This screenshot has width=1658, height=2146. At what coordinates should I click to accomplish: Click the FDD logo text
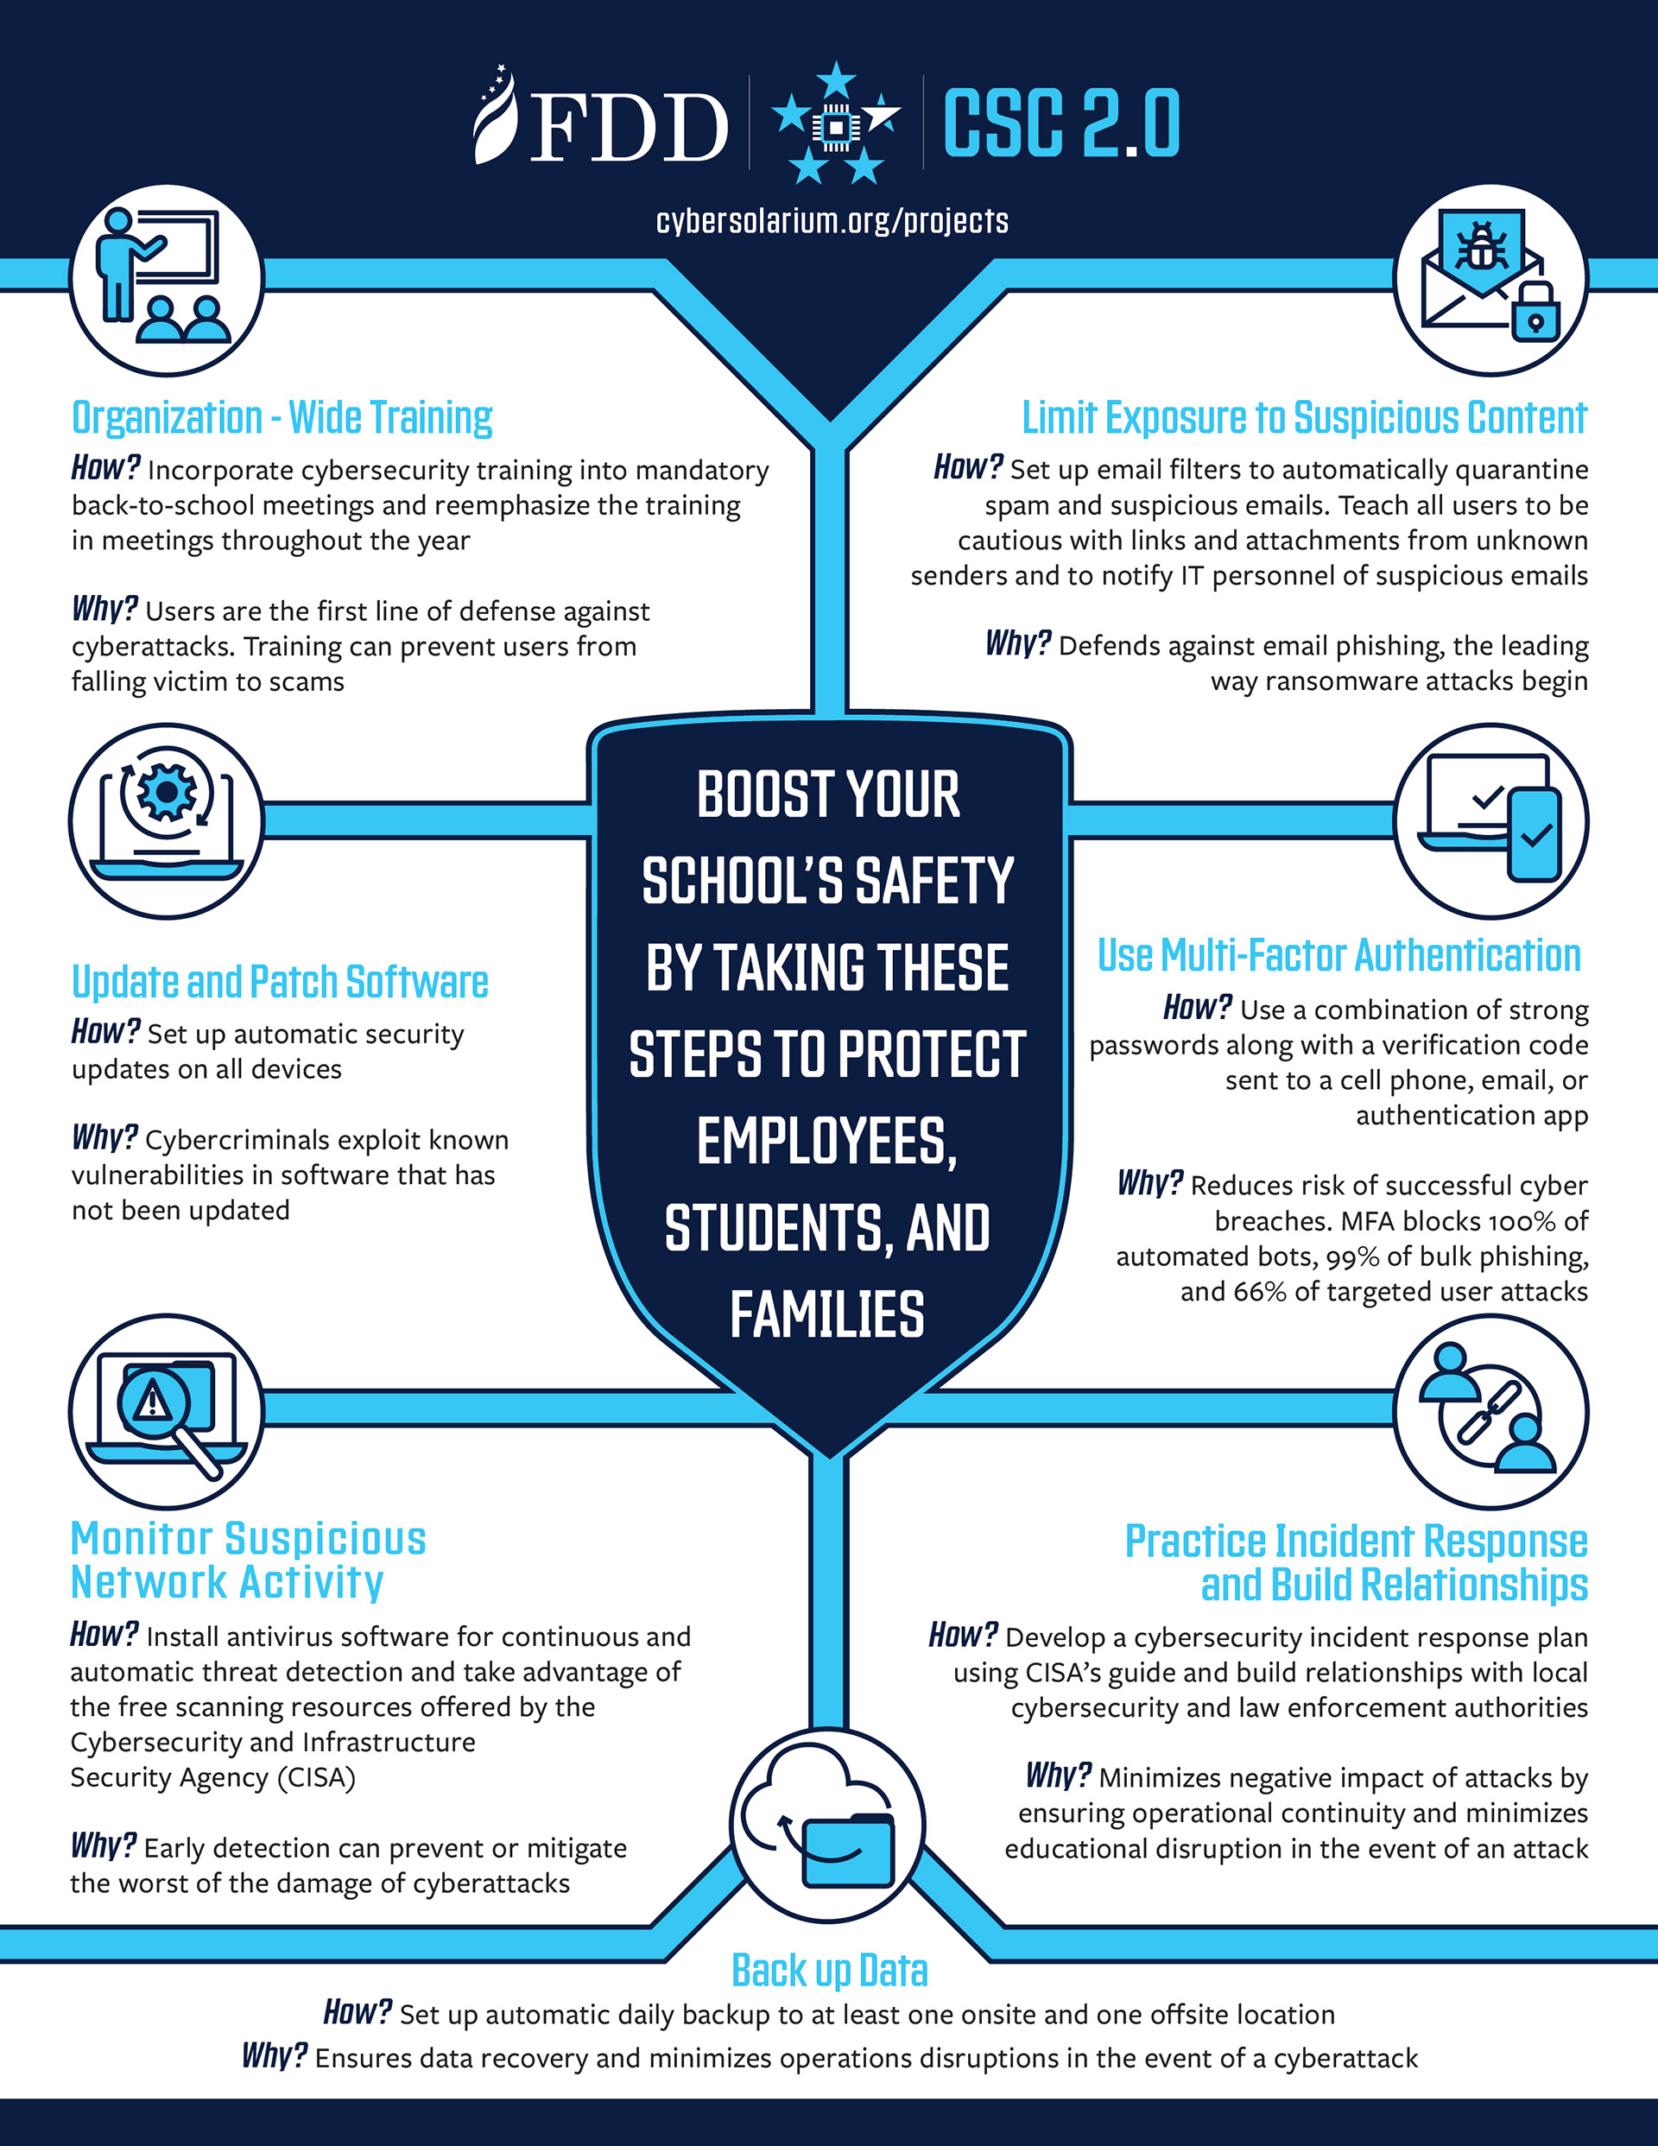tap(629, 128)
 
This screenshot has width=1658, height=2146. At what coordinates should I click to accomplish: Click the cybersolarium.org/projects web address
tap(832, 221)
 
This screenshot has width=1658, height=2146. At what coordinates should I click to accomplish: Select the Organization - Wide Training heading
tap(282, 418)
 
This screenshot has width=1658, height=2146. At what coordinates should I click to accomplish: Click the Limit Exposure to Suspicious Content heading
tap(1304, 418)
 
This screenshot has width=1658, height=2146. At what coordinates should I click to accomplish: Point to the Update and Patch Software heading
tap(280, 982)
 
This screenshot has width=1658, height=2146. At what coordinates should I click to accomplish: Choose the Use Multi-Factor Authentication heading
tap(1338, 955)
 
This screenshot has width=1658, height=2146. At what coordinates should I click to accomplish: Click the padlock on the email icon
tap(1535, 314)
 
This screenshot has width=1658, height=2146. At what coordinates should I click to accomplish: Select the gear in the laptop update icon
tap(165, 792)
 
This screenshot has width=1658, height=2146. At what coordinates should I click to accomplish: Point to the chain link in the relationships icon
tap(1489, 1412)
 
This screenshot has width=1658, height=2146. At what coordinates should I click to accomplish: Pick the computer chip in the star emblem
tap(834, 129)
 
